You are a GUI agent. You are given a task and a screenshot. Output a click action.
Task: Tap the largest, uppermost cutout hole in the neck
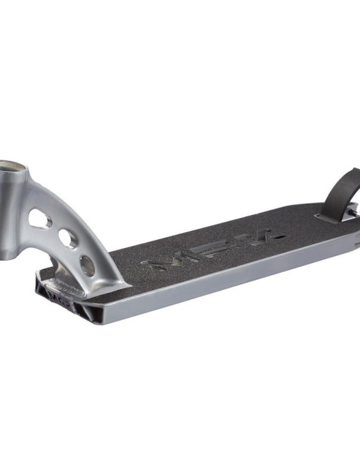click(40, 219)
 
